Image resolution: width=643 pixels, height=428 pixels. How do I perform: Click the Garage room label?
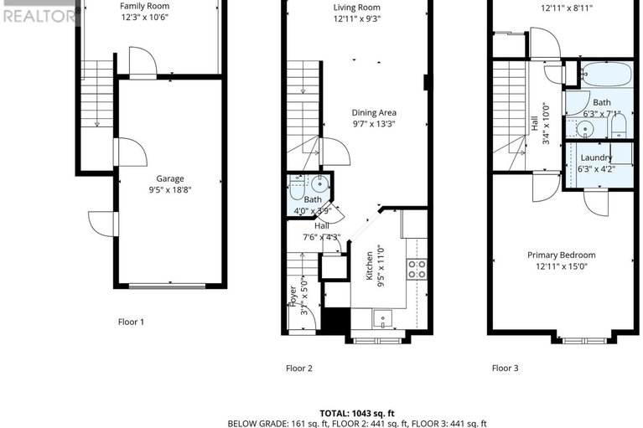(x=169, y=178)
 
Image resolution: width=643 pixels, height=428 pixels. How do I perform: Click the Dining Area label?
(x=373, y=113)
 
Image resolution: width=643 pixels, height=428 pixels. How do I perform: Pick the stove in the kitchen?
(x=417, y=269)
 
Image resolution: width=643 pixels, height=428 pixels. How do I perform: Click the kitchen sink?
(x=381, y=317)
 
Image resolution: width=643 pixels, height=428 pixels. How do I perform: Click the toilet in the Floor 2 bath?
(x=295, y=184)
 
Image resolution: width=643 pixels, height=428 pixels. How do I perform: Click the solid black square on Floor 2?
(x=334, y=321)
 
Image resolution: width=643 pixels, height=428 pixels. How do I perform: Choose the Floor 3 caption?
(x=506, y=368)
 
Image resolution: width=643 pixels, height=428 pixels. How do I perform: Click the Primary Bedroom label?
(x=561, y=255)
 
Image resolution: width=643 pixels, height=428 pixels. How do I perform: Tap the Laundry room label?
(x=595, y=157)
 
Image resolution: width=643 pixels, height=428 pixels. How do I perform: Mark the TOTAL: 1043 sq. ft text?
(x=357, y=414)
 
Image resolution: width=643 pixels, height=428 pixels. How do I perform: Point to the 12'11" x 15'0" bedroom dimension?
(x=561, y=267)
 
